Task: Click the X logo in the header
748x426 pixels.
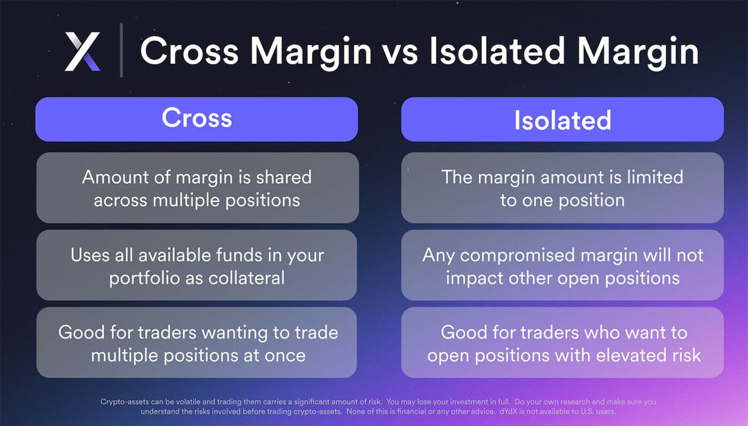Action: tap(82, 51)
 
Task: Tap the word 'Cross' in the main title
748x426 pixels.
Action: tap(189, 51)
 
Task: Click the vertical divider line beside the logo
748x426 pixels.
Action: tap(121, 50)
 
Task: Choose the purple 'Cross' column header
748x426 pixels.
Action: tap(197, 119)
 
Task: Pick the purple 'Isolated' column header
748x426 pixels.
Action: tap(562, 119)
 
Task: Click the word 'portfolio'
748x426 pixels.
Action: tap(145, 279)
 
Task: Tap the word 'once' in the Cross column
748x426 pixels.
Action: tap(285, 356)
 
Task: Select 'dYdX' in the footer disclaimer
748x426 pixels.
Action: tap(508, 412)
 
